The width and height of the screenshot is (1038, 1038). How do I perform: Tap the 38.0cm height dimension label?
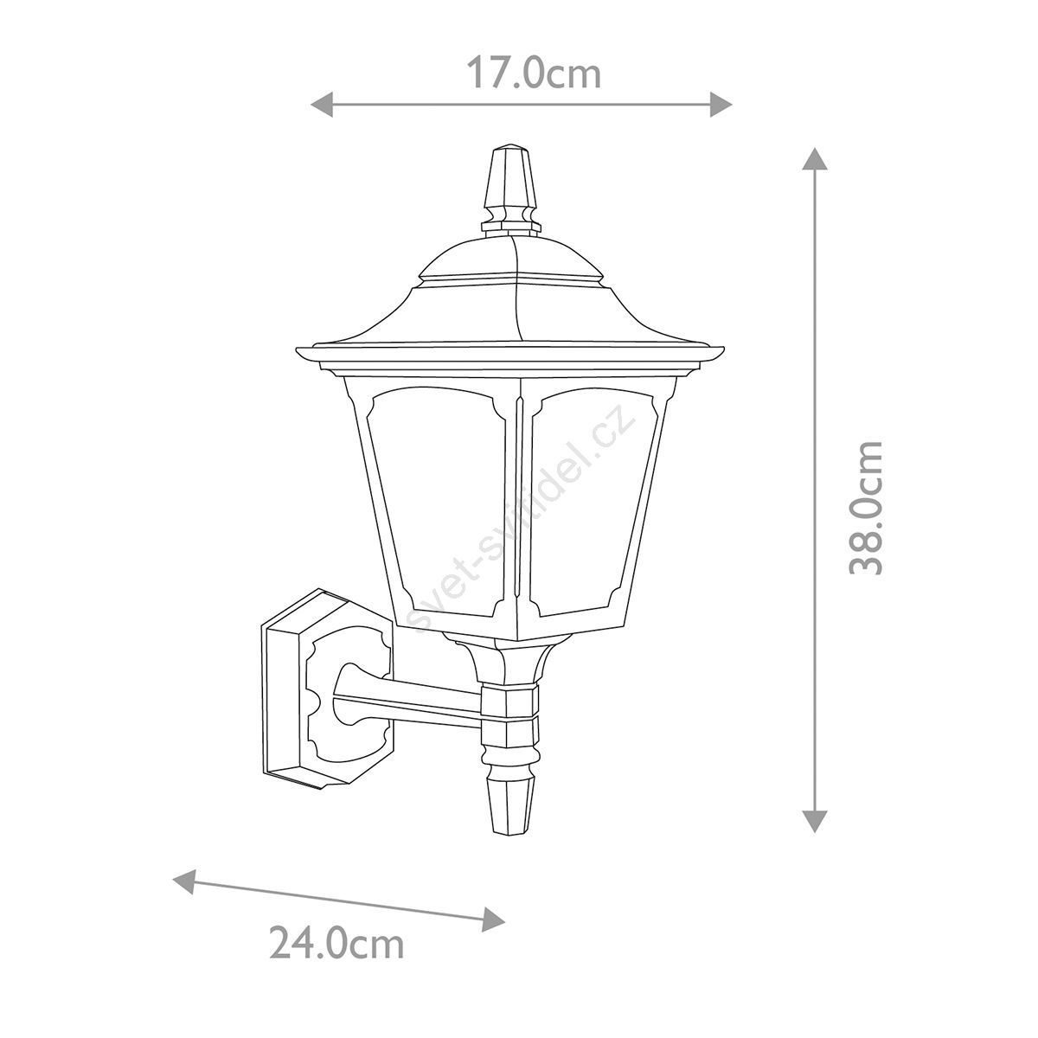pos(866,508)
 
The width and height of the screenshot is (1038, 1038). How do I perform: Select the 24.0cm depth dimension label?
pos(336,958)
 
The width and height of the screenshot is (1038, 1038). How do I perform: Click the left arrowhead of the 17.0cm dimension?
pos(322,104)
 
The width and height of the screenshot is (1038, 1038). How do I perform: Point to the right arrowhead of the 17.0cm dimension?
pos(721,104)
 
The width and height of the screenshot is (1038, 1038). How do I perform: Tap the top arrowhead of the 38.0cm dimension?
pos(815,158)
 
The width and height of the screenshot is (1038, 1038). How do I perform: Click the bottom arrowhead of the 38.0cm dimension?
pos(815,821)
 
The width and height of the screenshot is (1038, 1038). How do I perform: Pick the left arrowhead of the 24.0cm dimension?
pos(183,881)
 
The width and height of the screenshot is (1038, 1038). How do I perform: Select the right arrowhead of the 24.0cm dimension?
pos(493,919)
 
